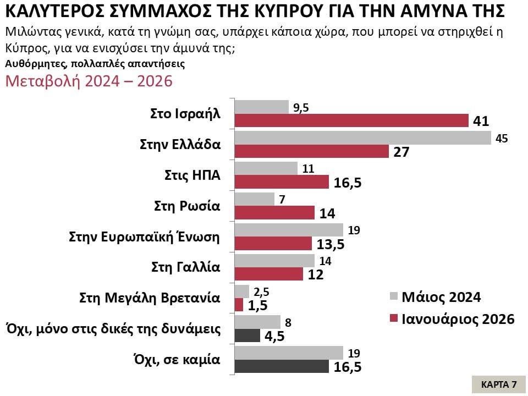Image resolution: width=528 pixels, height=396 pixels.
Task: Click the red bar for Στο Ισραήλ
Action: (351, 121)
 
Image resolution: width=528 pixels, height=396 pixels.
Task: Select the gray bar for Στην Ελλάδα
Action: (363, 138)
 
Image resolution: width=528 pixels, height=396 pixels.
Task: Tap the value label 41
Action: (481, 121)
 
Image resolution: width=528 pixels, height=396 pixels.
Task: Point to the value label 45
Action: (501, 138)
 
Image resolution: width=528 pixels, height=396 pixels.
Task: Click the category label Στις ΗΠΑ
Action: (193, 176)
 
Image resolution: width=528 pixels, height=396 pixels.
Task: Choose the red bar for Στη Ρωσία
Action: (275, 213)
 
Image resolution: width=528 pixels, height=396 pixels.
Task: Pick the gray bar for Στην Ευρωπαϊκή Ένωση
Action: (289, 230)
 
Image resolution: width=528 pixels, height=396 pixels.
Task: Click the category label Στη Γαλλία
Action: (186, 267)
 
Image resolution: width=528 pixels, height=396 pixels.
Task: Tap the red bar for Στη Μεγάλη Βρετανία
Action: (239, 305)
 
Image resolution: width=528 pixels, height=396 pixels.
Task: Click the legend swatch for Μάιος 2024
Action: (392, 298)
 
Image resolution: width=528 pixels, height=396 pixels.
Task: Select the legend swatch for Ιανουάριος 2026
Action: (392, 320)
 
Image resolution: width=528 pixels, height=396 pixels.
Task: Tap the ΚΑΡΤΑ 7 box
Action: (498, 384)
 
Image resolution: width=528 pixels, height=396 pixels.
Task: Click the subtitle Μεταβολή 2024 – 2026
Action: (89, 81)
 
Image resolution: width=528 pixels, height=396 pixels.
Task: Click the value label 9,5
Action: (301, 108)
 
